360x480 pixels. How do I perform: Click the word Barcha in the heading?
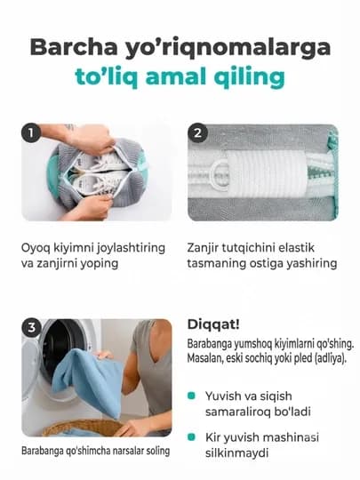coord(74,47)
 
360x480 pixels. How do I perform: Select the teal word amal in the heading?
coord(175,76)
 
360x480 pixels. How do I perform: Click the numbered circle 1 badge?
coord(31,133)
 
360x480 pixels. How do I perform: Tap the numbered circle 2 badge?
coord(197,133)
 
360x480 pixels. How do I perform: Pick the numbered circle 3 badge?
coord(31,328)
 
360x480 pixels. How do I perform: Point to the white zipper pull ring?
coord(220,175)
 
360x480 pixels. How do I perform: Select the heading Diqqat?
coord(213,324)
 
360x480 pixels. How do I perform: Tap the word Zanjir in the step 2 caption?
coord(203,248)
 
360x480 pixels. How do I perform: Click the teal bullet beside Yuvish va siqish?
coord(191,396)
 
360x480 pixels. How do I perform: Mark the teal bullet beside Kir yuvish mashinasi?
coord(191,436)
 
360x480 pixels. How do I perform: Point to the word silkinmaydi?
coord(236,452)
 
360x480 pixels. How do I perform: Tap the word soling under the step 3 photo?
coord(158,451)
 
